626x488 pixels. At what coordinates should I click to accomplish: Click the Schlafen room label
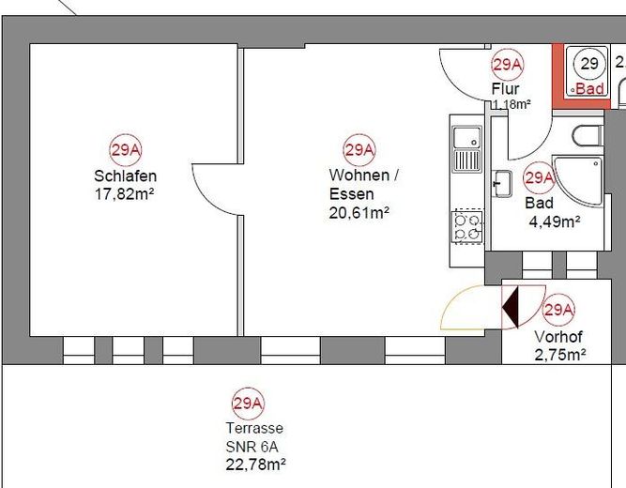pyautogui.click(x=126, y=176)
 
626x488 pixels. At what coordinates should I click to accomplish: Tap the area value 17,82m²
pyautogui.click(x=124, y=194)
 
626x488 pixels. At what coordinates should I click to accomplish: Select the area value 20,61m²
pyautogui.click(x=359, y=213)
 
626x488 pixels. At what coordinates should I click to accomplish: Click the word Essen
pyautogui.click(x=351, y=194)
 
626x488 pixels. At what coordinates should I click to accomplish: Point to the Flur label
pyautogui.click(x=506, y=88)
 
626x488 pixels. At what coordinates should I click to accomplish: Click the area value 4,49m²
pyautogui.click(x=555, y=221)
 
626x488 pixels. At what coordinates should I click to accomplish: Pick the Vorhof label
pyautogui.click(x=558, y=337)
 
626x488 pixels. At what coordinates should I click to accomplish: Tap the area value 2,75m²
pyautogui.click(x=560, y=355)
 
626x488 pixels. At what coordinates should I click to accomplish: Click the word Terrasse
pyautogui.click(x=254, y=428)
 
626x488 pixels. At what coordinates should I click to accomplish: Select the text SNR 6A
pyautogui.click(x=252, y=447)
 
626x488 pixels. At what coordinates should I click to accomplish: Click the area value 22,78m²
pyautogui.click(x=255, y=465)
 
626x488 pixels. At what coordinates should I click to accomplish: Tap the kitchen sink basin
pyautogui.click(x=466, y=137)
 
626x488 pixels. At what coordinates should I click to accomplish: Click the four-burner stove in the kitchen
pyautogui.click(x=467, y=227)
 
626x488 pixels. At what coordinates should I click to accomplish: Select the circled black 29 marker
pyautogui.click(x=589, y=64)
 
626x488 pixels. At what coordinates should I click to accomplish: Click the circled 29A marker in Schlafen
pyautogui.click(x=126, y=150)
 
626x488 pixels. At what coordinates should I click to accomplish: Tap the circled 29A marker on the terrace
pyautogui.click(x=249, y=404)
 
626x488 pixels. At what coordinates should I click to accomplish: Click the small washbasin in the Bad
pyautogui.click(x=502, y=184)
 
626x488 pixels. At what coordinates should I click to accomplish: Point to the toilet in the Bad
pyautogui.click(x=588, y=136)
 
